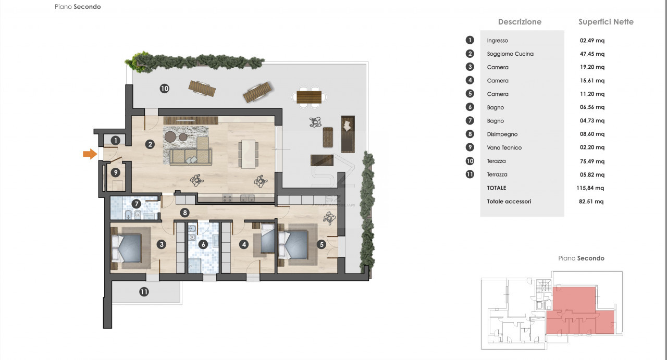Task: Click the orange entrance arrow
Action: click(x=90, y=154)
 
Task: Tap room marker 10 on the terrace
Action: click(x=164, y=89)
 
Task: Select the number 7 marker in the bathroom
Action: click(x=137, y=204)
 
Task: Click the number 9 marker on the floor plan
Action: click(x=116, y=172)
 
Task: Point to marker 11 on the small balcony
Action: click(x=144, y=292)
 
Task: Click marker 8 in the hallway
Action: click(x=185, y=213)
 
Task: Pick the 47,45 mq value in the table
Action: click(x=592, y=54)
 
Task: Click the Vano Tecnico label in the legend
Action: click(x=504, y=147)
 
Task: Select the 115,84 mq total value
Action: click(x=590, y=188)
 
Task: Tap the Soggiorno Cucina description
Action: click(x=510, y=54)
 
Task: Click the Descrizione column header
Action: click(x=520, y=22)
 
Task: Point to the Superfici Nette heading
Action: click(x=606, y=22)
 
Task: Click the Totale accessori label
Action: click(x=509, y=201)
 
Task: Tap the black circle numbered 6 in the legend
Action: click(x=470, y=107)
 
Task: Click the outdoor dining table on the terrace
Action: click(x=309, y=97)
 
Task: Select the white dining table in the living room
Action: click(x=248, y=154)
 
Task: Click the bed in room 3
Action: click(x=126, y=249)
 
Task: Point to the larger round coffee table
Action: click(x=170, y=136)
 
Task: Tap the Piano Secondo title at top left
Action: click(x=78, y=7)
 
